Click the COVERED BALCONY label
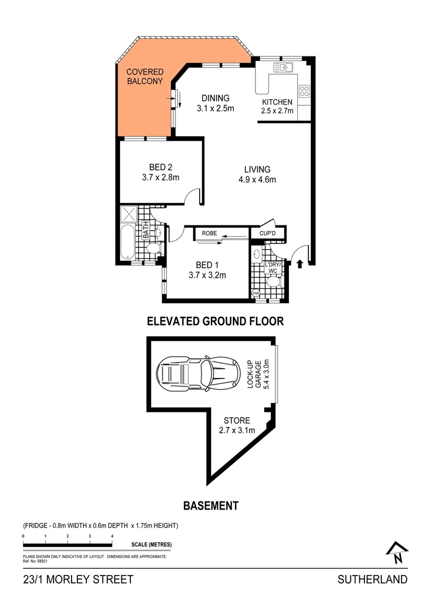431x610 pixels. pos(145,76)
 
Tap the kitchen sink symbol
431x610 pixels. pos(283,68)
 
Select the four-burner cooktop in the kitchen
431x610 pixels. pos(304,91)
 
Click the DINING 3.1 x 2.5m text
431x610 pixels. pos(215,103)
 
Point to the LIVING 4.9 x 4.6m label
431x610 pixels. pos(257,175)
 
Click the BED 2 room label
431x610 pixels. pos(161,172)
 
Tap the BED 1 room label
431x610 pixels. pos(208,270)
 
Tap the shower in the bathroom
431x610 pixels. pos(130,214)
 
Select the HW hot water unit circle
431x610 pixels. pos(255,293)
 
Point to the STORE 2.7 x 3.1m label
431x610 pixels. pos(238,425)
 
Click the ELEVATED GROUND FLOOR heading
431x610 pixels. pos(215,321)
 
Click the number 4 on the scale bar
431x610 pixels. pos(112,535)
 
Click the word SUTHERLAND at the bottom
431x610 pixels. pos(372,579)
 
